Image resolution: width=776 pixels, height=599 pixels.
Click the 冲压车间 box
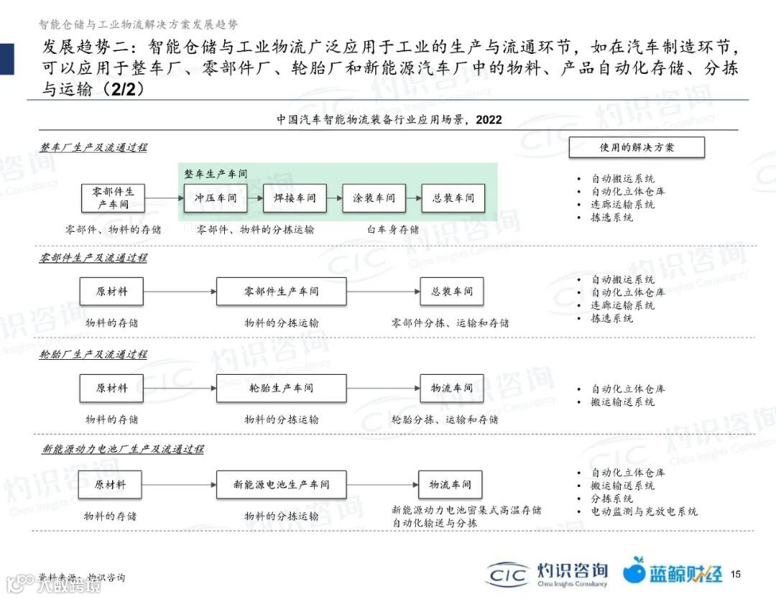(x=216, y=198)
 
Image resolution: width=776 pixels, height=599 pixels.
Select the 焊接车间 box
(x=295, y=198)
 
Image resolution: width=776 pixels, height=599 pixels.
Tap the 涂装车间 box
(x=374, y=198)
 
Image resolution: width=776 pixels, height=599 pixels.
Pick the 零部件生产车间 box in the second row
(x=281, y=292)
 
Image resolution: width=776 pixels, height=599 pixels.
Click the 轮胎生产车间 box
(x=281, y=388)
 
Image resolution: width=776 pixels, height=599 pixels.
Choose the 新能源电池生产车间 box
(x=281, y=485)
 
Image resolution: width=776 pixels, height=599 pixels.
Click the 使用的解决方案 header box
(x=637, y=147)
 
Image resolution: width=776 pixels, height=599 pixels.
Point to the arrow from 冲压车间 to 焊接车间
(x=255, y=198)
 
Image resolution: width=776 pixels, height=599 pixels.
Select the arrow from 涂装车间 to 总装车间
(x=413, y=198)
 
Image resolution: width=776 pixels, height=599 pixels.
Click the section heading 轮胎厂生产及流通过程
(x=93, y=354)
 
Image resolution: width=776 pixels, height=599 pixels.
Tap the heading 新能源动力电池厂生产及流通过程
(x=123, y=449)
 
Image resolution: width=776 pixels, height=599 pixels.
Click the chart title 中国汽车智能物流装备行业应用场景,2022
(x=389, y=120)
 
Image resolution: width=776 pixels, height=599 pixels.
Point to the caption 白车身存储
(x=392, y=230)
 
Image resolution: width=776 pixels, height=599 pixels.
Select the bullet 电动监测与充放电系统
(x=644, y=511)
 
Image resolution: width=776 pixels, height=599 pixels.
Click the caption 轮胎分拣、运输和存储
(x=445, y=419)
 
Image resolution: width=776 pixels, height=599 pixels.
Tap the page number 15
(x=735, y=574)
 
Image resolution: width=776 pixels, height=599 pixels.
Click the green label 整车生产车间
(x=216, y=174)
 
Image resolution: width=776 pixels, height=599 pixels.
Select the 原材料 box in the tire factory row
(x=111, y=388)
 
